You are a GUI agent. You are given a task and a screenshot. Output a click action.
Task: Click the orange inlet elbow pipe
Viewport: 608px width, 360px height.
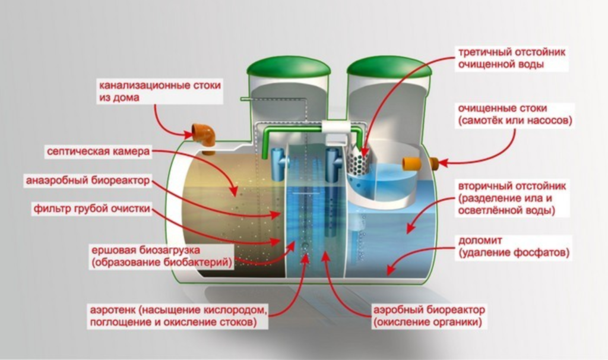click(x=204, y=137)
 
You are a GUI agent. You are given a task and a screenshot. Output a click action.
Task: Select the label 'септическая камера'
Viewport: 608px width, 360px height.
click(x=98, y=151)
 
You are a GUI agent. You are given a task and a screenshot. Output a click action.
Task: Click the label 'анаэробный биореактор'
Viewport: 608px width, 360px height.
click(x=88, y=181)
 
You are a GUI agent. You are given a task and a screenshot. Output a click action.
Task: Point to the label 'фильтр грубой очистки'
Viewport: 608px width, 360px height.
click(x=91, y=209)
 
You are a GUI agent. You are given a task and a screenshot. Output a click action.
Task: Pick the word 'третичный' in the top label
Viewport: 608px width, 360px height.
click(x=485, y=52)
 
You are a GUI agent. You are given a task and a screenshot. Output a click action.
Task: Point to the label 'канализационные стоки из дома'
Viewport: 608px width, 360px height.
click(x=160, y=91)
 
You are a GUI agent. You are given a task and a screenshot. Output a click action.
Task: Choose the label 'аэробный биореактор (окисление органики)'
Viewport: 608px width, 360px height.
click(x=429, y=316)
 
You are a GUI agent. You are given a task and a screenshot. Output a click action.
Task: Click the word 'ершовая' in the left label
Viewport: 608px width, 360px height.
click(x=113, y=250)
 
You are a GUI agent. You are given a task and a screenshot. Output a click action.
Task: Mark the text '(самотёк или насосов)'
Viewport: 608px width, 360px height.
click(x=515, y=121)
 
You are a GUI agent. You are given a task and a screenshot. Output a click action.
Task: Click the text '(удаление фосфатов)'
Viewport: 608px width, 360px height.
click(x=514, y=253)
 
